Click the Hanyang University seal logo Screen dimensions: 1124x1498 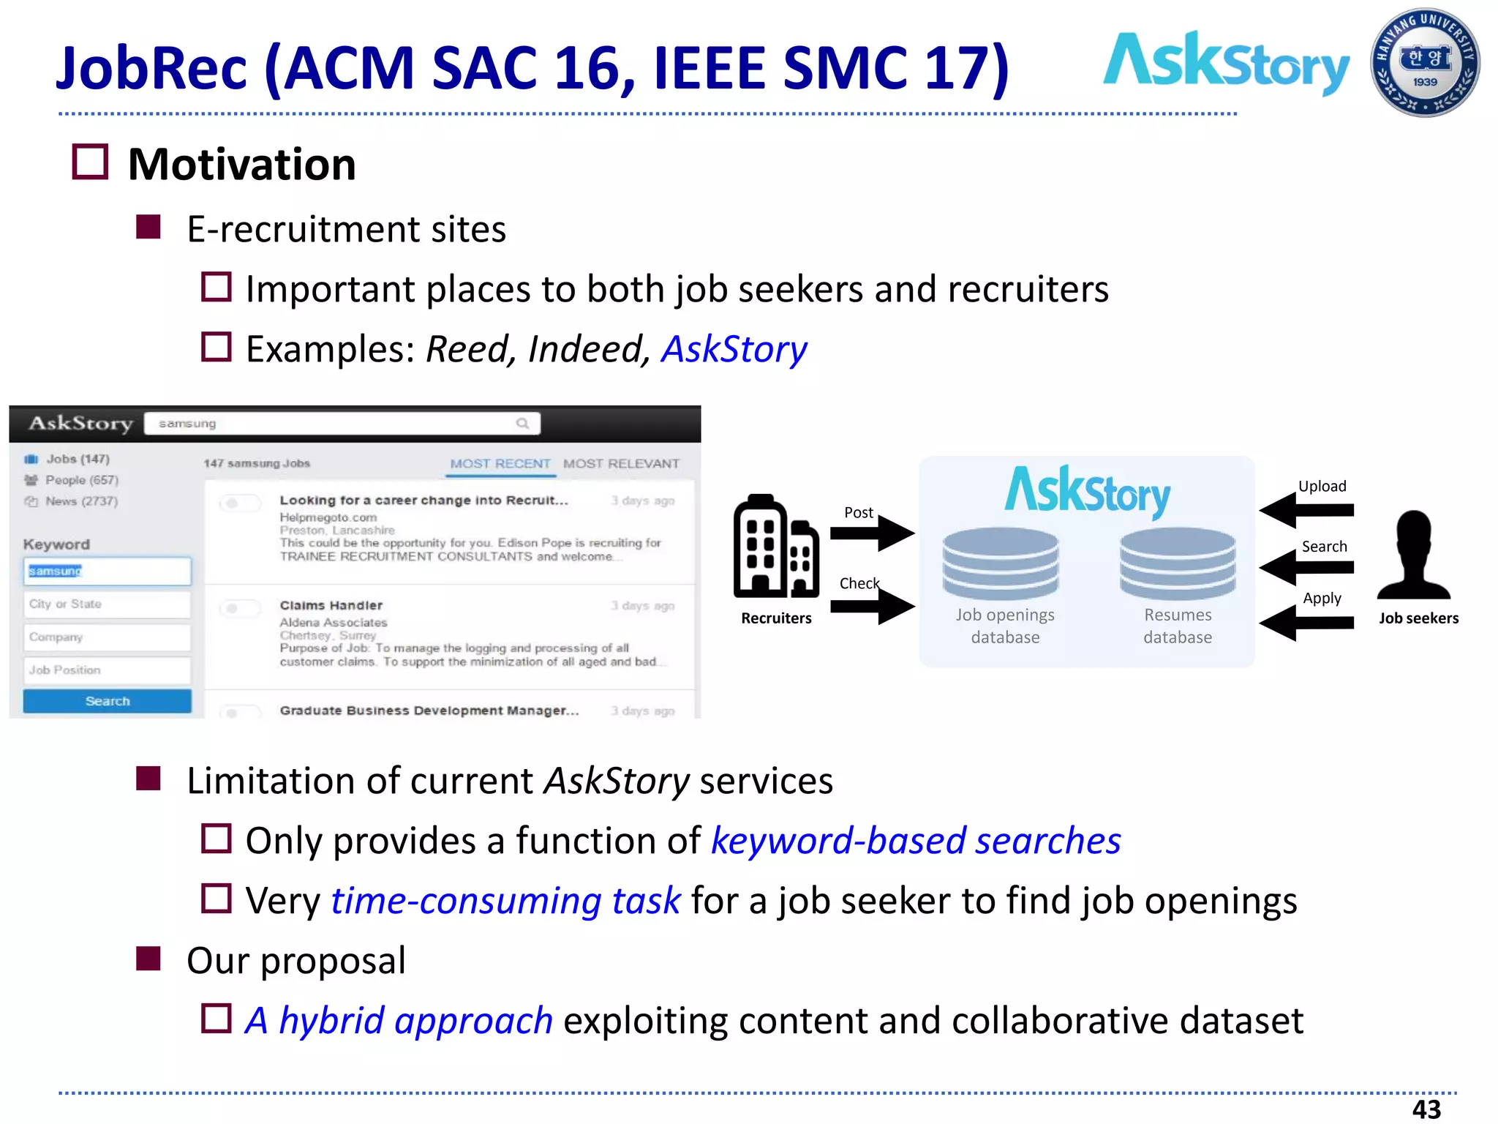pyautogui.click(x=1424, y=63)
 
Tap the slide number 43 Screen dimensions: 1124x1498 pyautogui.click(x=1426, y=1109)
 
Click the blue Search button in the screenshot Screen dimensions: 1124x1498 pyautogui.click(x=107, y=701)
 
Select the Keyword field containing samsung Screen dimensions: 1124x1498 pyautogui.click(x=107, y=571)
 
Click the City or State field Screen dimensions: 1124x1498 pyautogui.click(x=107, y=604)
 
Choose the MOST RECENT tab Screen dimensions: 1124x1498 pyautogui.click(x=500, y=464)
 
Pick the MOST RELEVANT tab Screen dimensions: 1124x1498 pyautogui.click(x=621, y=464)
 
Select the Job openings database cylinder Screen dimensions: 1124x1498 pyautogui.click(x=1000, y=563)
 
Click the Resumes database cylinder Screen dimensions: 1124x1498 pyautogui.click(x=1178, y=563)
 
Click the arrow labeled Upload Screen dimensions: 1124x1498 pyautogui.click(x=1306, y=510)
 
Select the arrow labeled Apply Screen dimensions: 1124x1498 pyautogui.click(x=1306, y=623)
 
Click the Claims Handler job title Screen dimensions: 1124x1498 pyautogui.click(x=331, y=606)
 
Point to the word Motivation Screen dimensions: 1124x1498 pyautogui.click(x=242, y=165)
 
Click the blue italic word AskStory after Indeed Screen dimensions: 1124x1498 pyautogui.click(x=734, y=349)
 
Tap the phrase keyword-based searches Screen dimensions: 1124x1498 pyautogui.click(x=916, y=841)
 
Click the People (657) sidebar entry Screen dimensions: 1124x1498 pyautogui.click(x=81, y=480)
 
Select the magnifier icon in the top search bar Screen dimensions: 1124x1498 pyautogui.click(x=522, y=423)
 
